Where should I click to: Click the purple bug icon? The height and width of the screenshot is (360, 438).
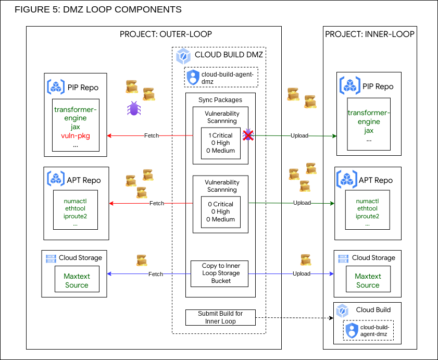pyautogui.click(x=134, y=108)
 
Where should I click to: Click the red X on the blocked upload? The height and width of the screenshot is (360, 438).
pyautogui.click(x=248, y=135)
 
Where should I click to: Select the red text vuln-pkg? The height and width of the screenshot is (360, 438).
pyautogui.click(x=76, y=135)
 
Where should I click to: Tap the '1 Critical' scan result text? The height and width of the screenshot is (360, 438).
pyautogui.click(x=220, y=135)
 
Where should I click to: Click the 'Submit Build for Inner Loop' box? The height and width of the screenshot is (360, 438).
pyautogui.click(x=220, y=317)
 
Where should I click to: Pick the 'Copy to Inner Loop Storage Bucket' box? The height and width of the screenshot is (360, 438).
pyautogui.click(x=220, y=274)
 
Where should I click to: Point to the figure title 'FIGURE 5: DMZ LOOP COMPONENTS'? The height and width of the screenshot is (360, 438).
pyautogui.click(x=98, y=10)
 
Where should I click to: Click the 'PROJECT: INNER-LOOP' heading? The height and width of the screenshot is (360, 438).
pyautogui.click(x=370, y=34)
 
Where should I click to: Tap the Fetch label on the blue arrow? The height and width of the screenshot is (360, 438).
pyautogui.click(x=155, y=274)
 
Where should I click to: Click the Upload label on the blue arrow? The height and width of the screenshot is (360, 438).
pyautogui.click(x=302, y=274)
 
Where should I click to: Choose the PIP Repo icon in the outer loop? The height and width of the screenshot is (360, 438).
pyautogui.click(x=56, y=87)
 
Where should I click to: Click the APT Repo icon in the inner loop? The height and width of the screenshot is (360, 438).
pyautogui.click(x=347, y=180)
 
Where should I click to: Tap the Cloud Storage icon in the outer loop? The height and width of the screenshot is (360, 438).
pyautogui.click(x=51, y=258)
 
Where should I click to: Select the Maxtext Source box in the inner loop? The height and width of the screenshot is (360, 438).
pyautogui.click(x=368, y=281)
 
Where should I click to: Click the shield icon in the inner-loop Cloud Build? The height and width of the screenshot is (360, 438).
pyautogui.click(x=352, y=330)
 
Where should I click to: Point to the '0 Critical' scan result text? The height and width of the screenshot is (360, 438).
pyautogui.click(x=220, y=204)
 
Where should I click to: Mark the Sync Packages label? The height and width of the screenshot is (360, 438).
pyautogui.click(x=220, y=100)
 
